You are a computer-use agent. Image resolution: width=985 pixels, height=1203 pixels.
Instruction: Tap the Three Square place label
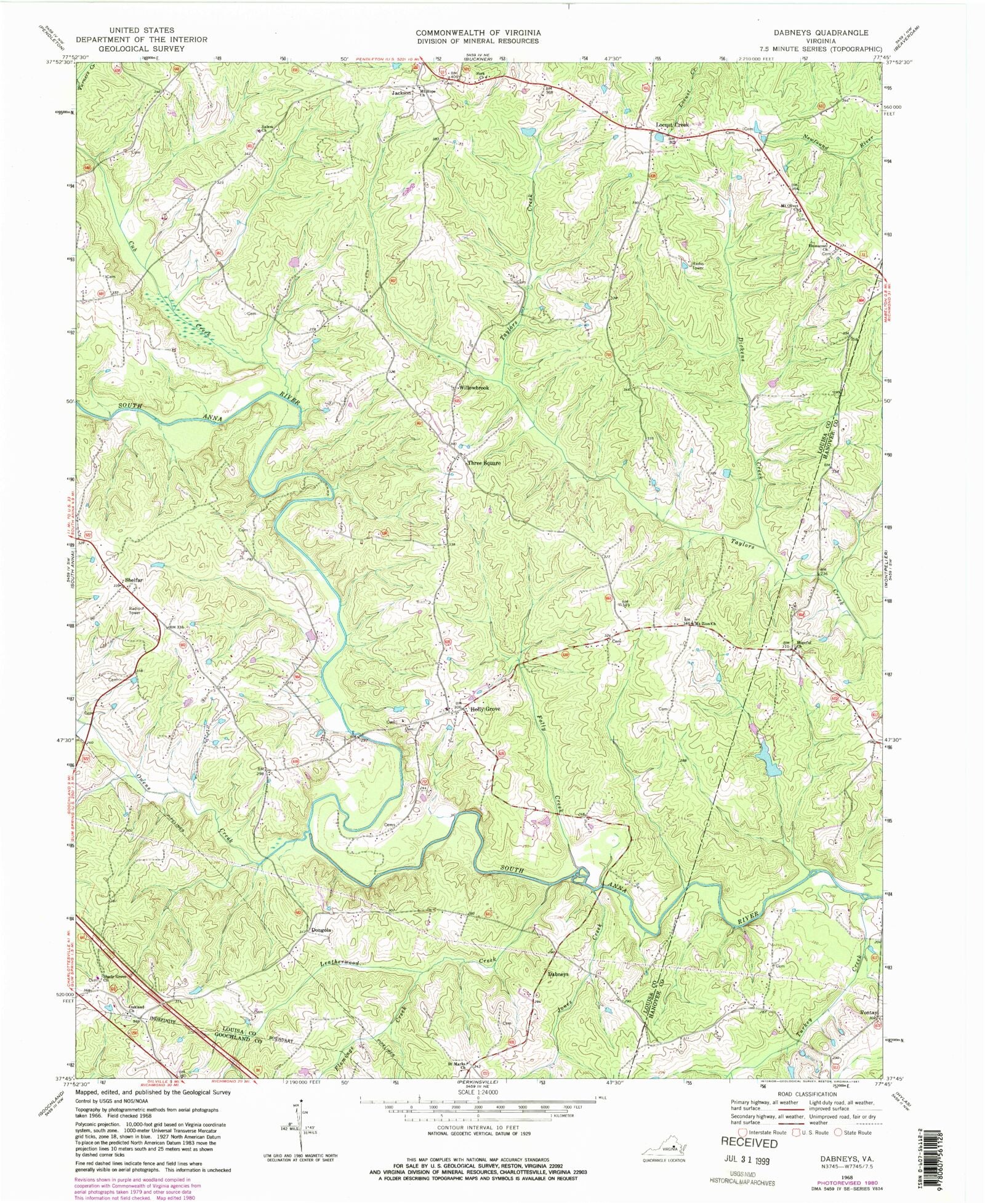click(x=484, y=463)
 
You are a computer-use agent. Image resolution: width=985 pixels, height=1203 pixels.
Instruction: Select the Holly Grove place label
click(x=485, y=709)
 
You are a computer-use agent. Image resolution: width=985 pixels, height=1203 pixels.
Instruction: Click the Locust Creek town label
click(x=672, y=125)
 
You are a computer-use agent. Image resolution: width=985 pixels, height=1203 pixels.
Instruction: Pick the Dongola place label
click(x=321, y=930)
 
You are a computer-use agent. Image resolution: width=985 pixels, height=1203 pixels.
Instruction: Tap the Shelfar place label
click(x=134, y=580)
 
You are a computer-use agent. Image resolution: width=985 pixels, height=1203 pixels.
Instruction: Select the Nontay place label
click(x=869, y=1012)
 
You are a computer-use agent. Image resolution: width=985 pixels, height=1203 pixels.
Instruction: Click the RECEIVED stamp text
click(x=749, y=1143)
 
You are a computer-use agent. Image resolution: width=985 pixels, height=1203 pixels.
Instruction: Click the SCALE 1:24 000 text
click(x=478, y=1092)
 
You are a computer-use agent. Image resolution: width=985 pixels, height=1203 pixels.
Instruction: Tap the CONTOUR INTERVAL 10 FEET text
click(x=478, y=1127)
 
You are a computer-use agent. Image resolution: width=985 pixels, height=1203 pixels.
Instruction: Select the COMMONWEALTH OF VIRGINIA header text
click(x=478, y=33)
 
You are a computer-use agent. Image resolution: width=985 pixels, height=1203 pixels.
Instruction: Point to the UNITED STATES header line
click(x=141, y=30)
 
